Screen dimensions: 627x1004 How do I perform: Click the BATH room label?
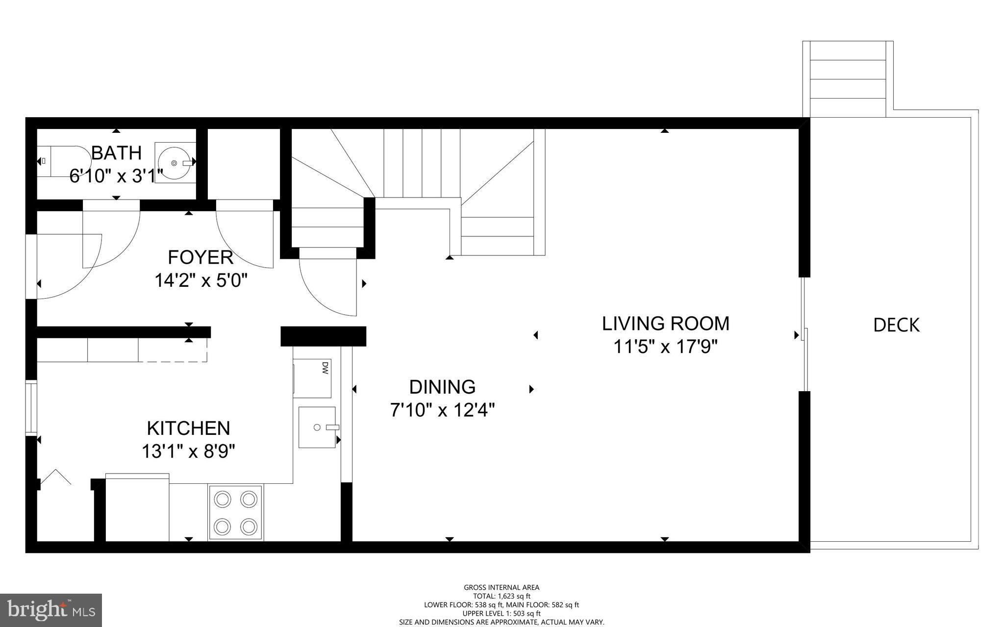click(116, 153)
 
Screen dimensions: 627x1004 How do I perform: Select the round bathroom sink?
click(175, 162)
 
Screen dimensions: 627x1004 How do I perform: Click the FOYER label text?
click(200, 257)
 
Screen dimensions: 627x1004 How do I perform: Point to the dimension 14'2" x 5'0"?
click(201, 281)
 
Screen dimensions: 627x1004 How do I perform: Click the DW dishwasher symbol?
click(312, 378)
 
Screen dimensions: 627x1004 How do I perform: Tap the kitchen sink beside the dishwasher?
click(317, 427)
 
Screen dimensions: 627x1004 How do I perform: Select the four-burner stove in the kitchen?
click(236, 513)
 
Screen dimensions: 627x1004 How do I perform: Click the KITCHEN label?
click(188, 428)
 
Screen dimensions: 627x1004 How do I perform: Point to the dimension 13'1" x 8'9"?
click(188, 451)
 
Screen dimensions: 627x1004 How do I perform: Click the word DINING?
click(442, 387)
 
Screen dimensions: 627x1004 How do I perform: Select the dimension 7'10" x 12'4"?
click(442, 410)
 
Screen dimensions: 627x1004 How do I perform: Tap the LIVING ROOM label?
click(665, 324)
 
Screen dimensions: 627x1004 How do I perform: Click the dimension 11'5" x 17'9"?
click(665, 347)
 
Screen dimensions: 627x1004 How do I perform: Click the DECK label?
click(896, 326)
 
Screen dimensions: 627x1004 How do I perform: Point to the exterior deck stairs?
click(848, 78)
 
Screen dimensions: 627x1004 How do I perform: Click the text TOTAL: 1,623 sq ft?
click(502, 596)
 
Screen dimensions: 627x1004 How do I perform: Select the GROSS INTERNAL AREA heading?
click(502, 587)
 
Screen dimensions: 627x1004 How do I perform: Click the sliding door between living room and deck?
click(804, 334)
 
